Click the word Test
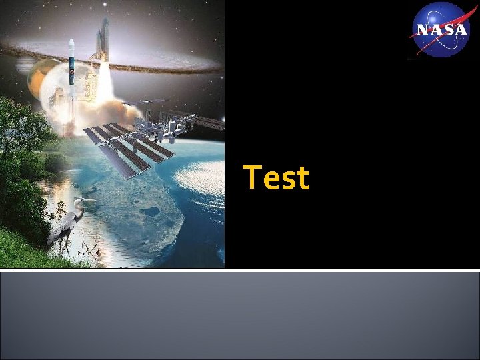[x=277, y=178]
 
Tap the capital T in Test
[x=253, y=177]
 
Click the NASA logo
[x=441, y=29]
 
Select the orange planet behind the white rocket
[x=38, y=77]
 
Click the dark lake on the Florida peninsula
[x=149, y=212]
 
